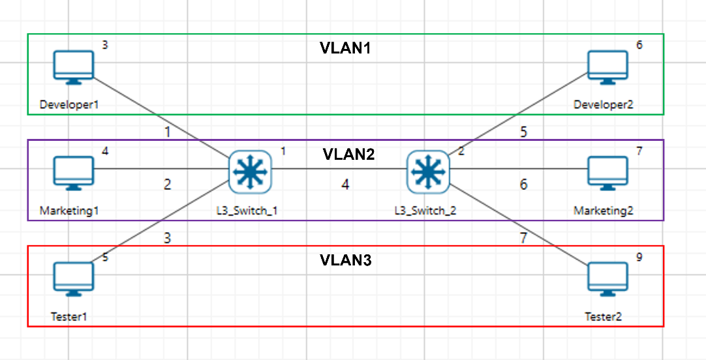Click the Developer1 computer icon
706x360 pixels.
tap(73, 67)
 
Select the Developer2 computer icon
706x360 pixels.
tap(607, 67)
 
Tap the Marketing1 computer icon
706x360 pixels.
tap(73, 173)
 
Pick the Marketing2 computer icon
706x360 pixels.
tap(607, 173)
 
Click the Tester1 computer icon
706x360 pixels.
tap(73, 278)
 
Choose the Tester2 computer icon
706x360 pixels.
tap(607, 278)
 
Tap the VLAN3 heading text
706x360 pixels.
tap(345, 260)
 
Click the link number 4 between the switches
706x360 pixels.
tap(345, 185)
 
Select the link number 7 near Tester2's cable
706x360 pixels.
tap(523, 238)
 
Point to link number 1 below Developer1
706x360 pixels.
tap(167, 132)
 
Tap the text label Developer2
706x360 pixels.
tap(603, 104)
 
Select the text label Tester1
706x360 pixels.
tap(69, 316)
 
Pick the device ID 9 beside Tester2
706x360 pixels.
tap(639, 257)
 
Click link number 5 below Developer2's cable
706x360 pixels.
tap(523, 132)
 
